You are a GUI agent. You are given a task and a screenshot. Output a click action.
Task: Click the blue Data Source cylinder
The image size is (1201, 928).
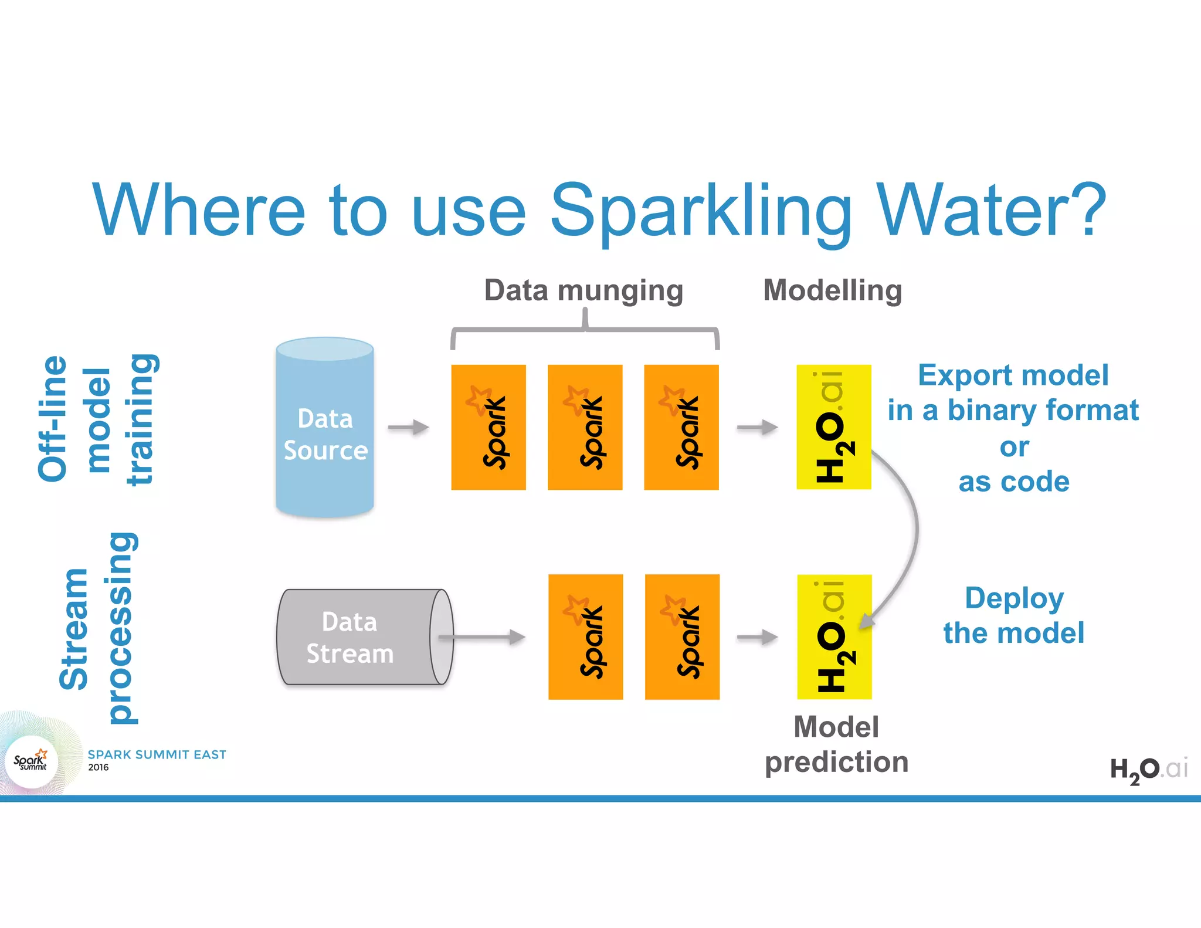325,428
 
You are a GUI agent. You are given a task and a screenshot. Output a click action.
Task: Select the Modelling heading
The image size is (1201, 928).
832,290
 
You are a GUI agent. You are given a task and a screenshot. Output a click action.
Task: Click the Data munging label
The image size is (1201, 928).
583,290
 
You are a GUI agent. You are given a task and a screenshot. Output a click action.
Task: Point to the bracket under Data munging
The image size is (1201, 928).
585,330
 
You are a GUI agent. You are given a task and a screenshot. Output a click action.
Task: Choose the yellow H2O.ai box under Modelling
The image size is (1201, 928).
833,427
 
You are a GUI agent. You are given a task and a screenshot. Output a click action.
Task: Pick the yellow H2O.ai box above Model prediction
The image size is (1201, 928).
834,637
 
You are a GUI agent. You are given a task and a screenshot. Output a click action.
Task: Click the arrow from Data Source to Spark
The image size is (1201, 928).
409,428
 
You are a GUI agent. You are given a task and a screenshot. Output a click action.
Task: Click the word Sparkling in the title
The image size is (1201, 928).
701,211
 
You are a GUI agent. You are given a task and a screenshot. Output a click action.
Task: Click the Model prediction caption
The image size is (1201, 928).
836,744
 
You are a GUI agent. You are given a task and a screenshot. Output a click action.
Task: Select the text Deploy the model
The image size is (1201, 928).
1014,615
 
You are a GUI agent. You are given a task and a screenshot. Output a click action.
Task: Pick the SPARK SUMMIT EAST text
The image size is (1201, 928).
157,754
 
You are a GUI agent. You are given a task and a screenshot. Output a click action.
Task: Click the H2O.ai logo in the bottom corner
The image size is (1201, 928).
1149,769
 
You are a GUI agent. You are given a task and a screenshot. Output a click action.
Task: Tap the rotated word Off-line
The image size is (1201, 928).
53,419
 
